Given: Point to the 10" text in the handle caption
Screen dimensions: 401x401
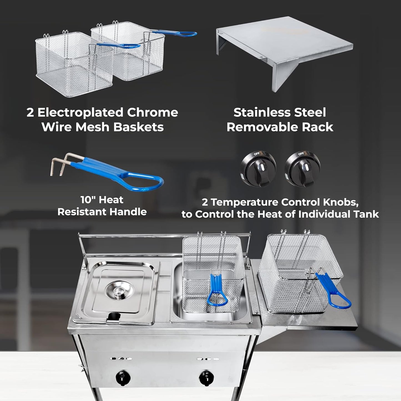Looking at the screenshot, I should pos(88,200).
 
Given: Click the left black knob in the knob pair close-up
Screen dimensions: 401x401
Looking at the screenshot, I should pos(258,168).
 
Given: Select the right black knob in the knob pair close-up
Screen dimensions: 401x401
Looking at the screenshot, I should pos(302,168).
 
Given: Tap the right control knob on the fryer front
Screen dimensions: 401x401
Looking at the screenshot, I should pos(206,376).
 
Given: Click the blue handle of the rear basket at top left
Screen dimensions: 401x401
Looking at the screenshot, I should pos(175,34).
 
